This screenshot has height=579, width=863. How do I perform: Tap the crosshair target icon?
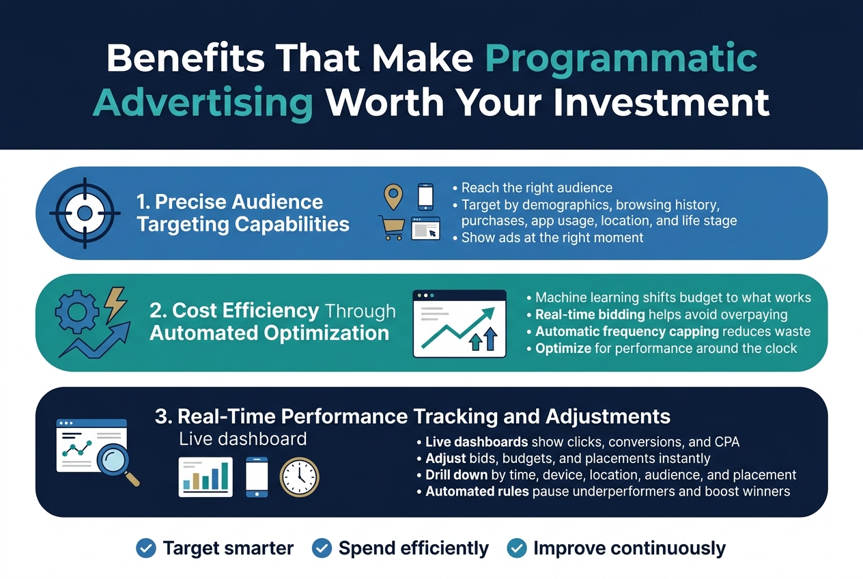tap(84, 214)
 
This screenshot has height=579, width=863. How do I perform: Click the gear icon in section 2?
tap(76, 313)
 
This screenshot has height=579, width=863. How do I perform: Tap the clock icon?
tap(299, 477)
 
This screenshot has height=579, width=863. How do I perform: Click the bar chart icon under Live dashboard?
tap(205, 477)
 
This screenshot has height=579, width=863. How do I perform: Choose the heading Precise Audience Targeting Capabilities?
tap(242, 213)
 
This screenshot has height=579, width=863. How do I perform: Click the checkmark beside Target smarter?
tap(145, 548)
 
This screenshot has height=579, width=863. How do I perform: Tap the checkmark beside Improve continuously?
tap(517, 548)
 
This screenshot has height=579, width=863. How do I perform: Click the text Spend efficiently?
tap(413, 548)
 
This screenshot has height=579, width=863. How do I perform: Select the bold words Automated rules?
tap(477, 491)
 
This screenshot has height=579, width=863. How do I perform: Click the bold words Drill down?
tap(456, 475)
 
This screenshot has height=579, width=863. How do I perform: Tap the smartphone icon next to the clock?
tap(257, 477)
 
